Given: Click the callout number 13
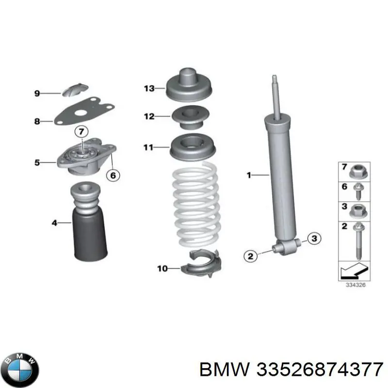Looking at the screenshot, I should [x=149, y=88].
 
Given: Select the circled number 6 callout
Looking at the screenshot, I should [x=112, y=176].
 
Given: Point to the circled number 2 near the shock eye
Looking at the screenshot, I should [x=250, y=256].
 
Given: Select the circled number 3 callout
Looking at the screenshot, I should [x=314, y=238].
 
